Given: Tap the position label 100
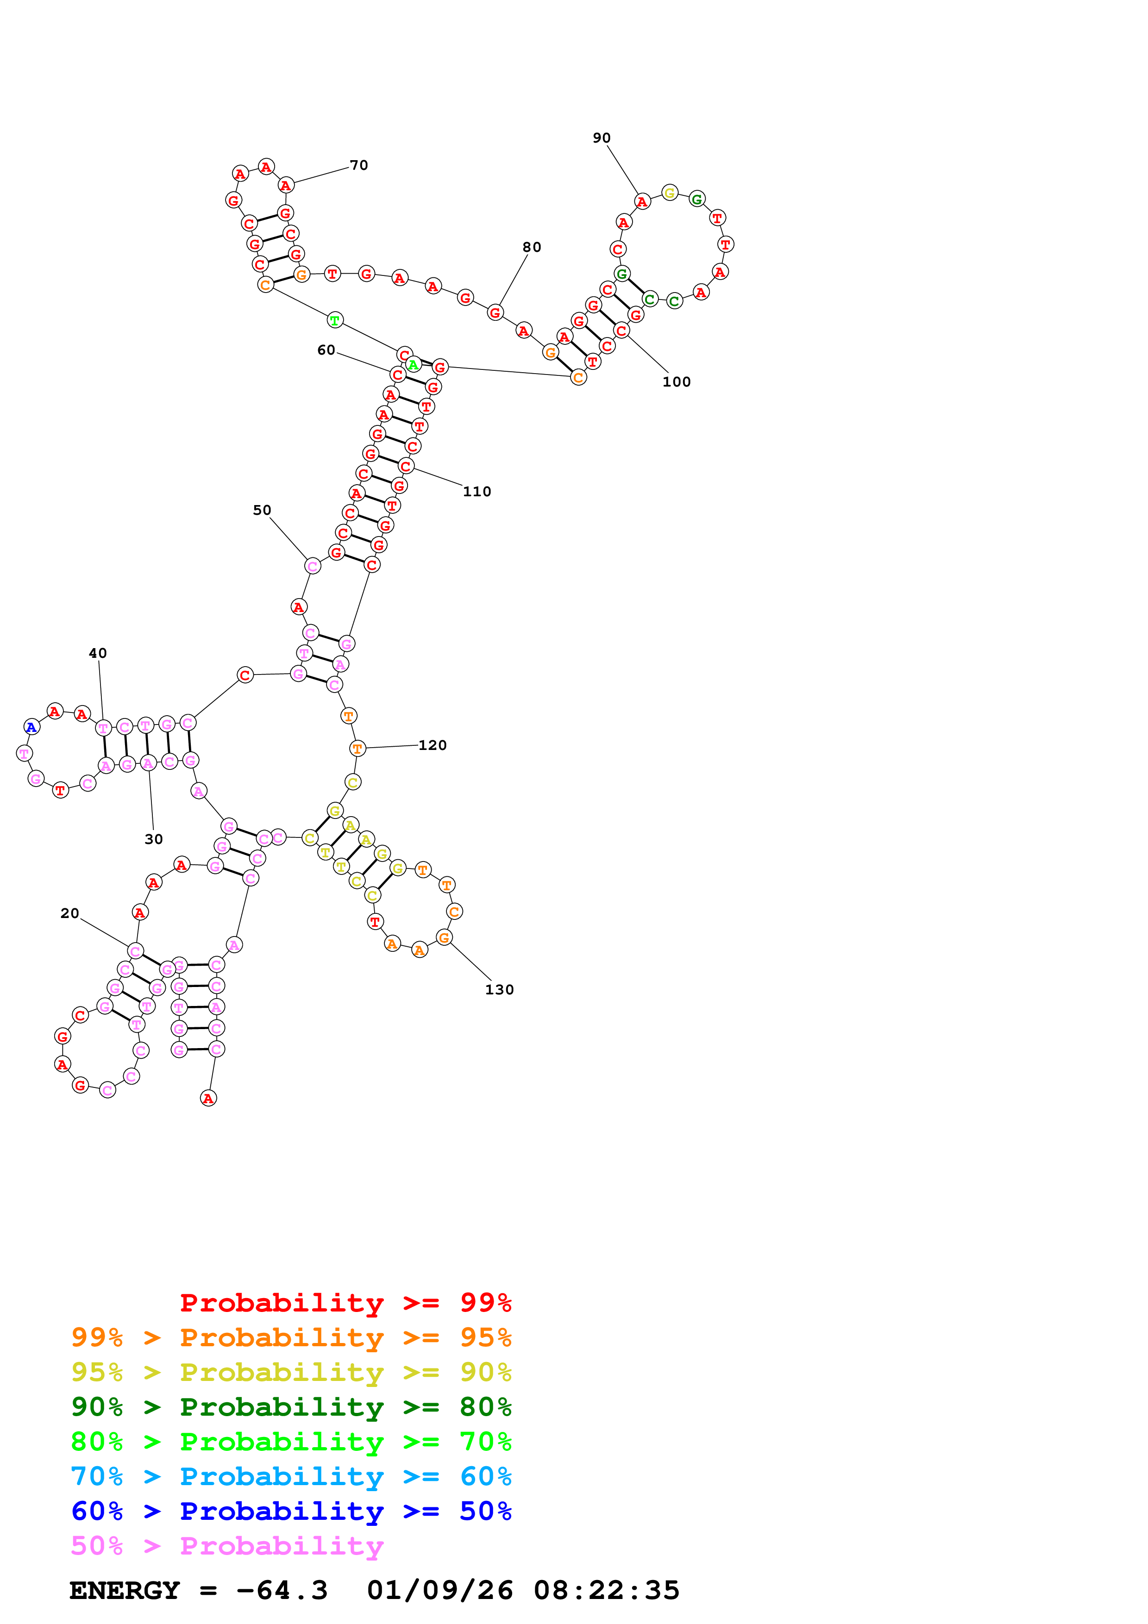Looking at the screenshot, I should click(x=676, y=382).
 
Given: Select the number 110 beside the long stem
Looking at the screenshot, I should click(x=477, y=492).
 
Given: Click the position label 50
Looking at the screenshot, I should click(x=262, y=511).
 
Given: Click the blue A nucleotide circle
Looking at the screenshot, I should click(x=31, y=727).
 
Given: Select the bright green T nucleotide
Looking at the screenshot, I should click(x=335, y=320).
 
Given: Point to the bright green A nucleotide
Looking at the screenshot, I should click(x=413, y=365).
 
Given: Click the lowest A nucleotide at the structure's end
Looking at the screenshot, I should click(x=208, y=1099).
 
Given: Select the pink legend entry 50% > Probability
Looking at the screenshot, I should click(x=227, y=1546).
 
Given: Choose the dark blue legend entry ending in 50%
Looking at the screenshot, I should click(x=291, y=1512).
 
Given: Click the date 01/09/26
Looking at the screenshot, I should click(x=439, y=1591).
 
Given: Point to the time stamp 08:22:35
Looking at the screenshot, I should click(x=606, y=1591).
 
